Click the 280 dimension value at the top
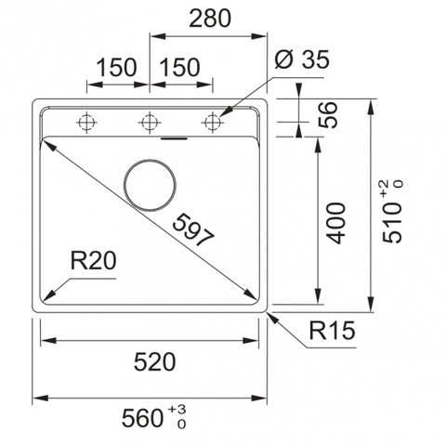pyautogui.click(x=210, y=19)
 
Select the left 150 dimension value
pyautogui.click(x=116, y=67)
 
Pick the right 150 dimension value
pyautogui.click(x=179, y=67)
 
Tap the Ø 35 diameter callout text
pyautogui.click(x=302, y=59)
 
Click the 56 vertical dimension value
pyautogui.click(x=328, y=114)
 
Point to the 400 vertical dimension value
pyautogui.click(x=335, y=223)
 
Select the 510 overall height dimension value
pyautogui.click(x=392, y=222)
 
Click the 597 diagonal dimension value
pyautogui.click(x=193, y=229)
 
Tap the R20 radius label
pyautogui.click(x=93, y=260)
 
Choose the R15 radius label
pyautogui.click(x=332, y=330)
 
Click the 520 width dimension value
pyautogui.click(x=154, y=362)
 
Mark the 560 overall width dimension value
pyautogui.click(x=142, y=418)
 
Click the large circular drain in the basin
pyautogui.click(x=150, y=185)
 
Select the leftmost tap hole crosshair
pyautogui.click(x=86, y=123)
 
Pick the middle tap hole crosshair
pyautogui.click(x=150, y=123)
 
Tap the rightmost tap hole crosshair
pyautogui.click(x=213, y=123)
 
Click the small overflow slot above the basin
pyautogui.click(x=174, y=138)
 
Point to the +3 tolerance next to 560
pyautogui.click(x=177, y=410)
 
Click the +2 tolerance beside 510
pyautogui.click(x=384, y=189)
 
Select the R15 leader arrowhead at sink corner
pyautogui.click(x=271, y=317)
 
